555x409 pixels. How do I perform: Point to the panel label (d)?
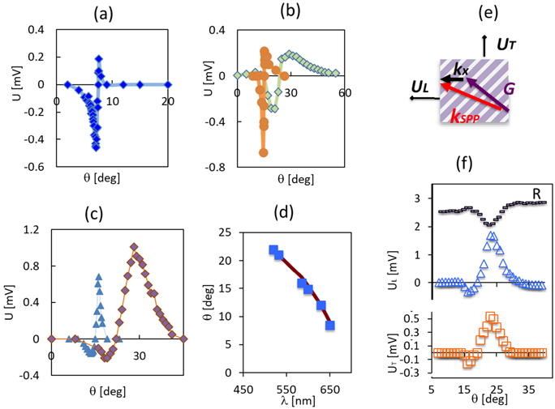[x=289, y=215]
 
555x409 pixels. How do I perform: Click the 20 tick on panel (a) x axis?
[x=169, y=100]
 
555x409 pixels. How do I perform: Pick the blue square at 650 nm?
[x=330, y=326]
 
